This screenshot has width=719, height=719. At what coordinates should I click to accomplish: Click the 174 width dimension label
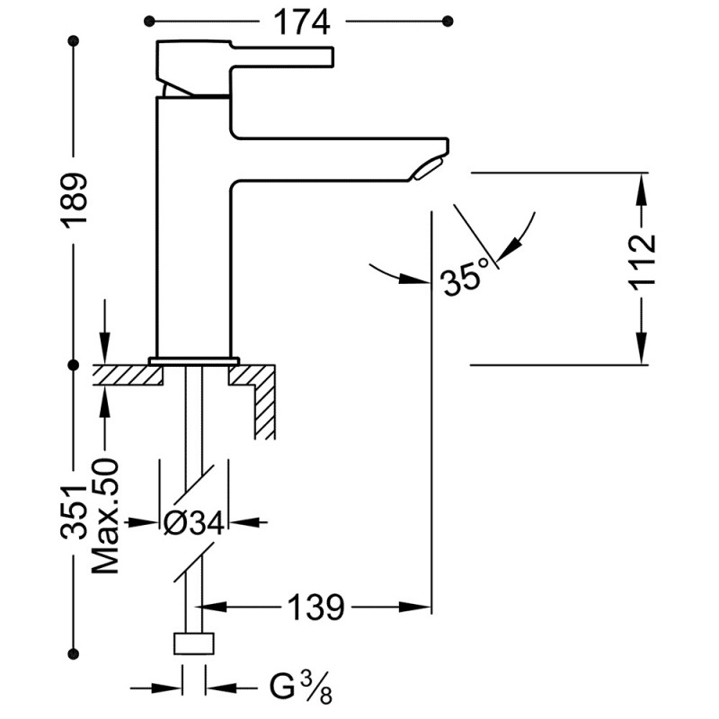pyautogui.click(x=302, y=22)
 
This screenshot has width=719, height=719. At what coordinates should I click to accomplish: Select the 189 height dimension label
pyautogui.click(x=74, y=198)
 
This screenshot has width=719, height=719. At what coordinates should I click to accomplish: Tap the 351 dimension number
pyautogui.click(x=74, y=511)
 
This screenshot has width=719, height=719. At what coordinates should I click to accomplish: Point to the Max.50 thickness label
pyautogui.click(x=105, y=516)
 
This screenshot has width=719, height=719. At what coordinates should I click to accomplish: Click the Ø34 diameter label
pyautogui.click(x=194, y=523)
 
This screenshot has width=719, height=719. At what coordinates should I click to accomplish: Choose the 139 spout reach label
pyautogui.click(x=315, y=608)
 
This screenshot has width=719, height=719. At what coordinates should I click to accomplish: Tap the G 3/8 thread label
pyautogui.click(x=300, y=688)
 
